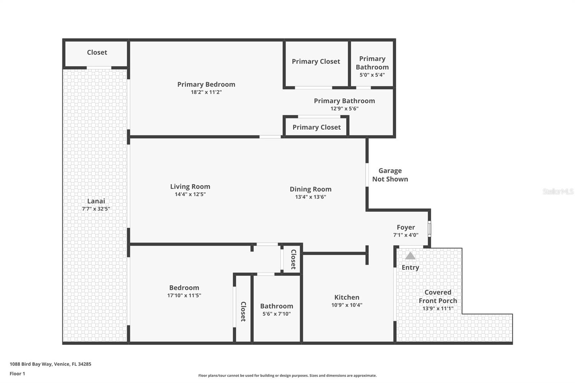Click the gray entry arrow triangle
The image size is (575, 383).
coord(410,256)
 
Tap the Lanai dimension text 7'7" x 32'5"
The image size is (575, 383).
coord(96,209)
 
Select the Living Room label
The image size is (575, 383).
coord(190,186)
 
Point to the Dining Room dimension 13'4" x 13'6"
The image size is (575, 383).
coord(310,197)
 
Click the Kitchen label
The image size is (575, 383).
coord(346,297)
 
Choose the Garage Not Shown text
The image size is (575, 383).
coord(390,175)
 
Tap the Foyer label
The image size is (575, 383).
coord(406,227)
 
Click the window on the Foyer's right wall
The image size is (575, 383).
coord(429,229)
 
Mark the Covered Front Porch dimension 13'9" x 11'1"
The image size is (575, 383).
coord(438,308)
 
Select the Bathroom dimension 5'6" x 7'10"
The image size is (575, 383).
coord(276,314)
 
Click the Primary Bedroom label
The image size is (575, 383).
coord(206,84)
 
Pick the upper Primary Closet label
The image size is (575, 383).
coord(316,61)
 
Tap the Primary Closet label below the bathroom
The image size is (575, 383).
coord(316,127)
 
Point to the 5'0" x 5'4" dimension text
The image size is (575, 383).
coord(372,75)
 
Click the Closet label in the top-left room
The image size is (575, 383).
coord(97,52)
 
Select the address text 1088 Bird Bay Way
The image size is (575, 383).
coord(50,364)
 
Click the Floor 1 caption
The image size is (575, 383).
coord(17,374)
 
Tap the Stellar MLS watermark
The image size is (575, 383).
coord(558,191)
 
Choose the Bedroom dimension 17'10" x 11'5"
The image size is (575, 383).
coord(184,295)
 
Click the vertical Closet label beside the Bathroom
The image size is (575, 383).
coord(243,311)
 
